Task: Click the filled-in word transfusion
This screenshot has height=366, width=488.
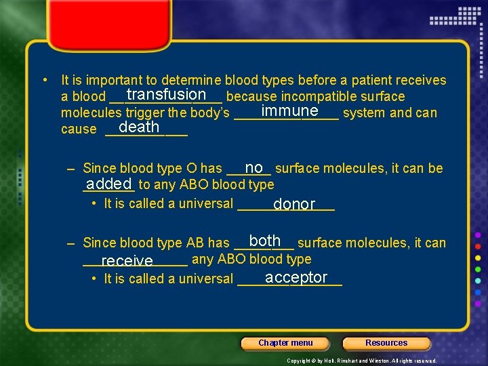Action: point(166,95)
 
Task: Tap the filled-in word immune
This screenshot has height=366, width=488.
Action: point(289,110)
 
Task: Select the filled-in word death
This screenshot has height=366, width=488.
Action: point(139,127)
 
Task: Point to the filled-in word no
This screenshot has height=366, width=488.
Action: point(254,167)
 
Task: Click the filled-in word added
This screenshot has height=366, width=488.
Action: point(108,184)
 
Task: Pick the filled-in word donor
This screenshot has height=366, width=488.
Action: point(294,204)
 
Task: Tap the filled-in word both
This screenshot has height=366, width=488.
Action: point(265,241)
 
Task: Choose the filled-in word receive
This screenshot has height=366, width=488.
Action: point(127,261)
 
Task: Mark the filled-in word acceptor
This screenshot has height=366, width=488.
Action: point(297,277)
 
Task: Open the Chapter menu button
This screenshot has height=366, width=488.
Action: point(285,343)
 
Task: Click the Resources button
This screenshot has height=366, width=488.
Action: point(386,343)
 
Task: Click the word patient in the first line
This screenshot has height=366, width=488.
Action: point(365,81)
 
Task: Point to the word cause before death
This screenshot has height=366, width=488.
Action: point(79,129)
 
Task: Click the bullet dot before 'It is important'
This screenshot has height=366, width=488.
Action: point(44,80)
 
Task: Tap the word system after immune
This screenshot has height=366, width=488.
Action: point(364,113)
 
